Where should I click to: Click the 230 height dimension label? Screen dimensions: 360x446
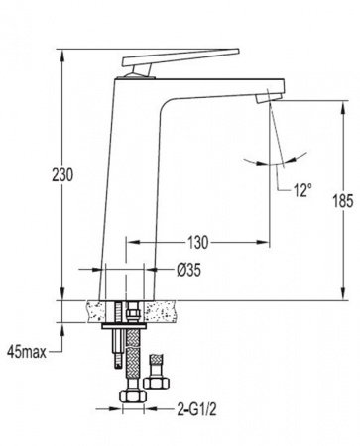point(62,175)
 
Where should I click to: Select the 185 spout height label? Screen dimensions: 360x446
point(343,201)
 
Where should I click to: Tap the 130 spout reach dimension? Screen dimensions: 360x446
point(198,243)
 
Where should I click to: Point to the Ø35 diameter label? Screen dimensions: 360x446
point(188,271)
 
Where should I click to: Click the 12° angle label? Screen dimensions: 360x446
point(302,190)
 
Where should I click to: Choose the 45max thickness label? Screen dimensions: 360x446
point(27,353)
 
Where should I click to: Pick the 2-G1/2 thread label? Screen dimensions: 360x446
point(196,410)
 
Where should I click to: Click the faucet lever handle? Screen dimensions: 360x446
point(180,56)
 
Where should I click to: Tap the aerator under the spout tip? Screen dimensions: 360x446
point(269,98)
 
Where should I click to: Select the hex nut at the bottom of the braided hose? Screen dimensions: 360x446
point(133,396)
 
